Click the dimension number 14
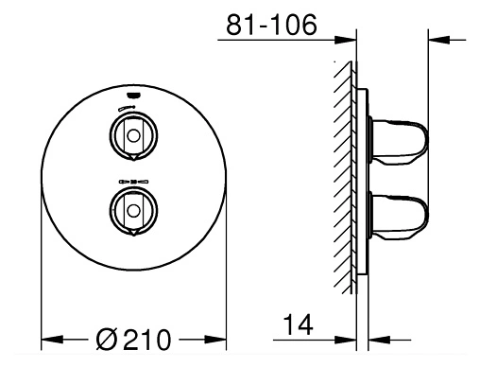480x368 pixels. coord(295,325)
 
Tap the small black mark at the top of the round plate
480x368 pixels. coord(131,95)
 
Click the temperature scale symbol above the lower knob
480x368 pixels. coord(131,178)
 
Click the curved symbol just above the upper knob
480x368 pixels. coord(131,111)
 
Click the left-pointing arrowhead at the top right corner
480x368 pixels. coord(437,39)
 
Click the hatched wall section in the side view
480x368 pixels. coord(346,170)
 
